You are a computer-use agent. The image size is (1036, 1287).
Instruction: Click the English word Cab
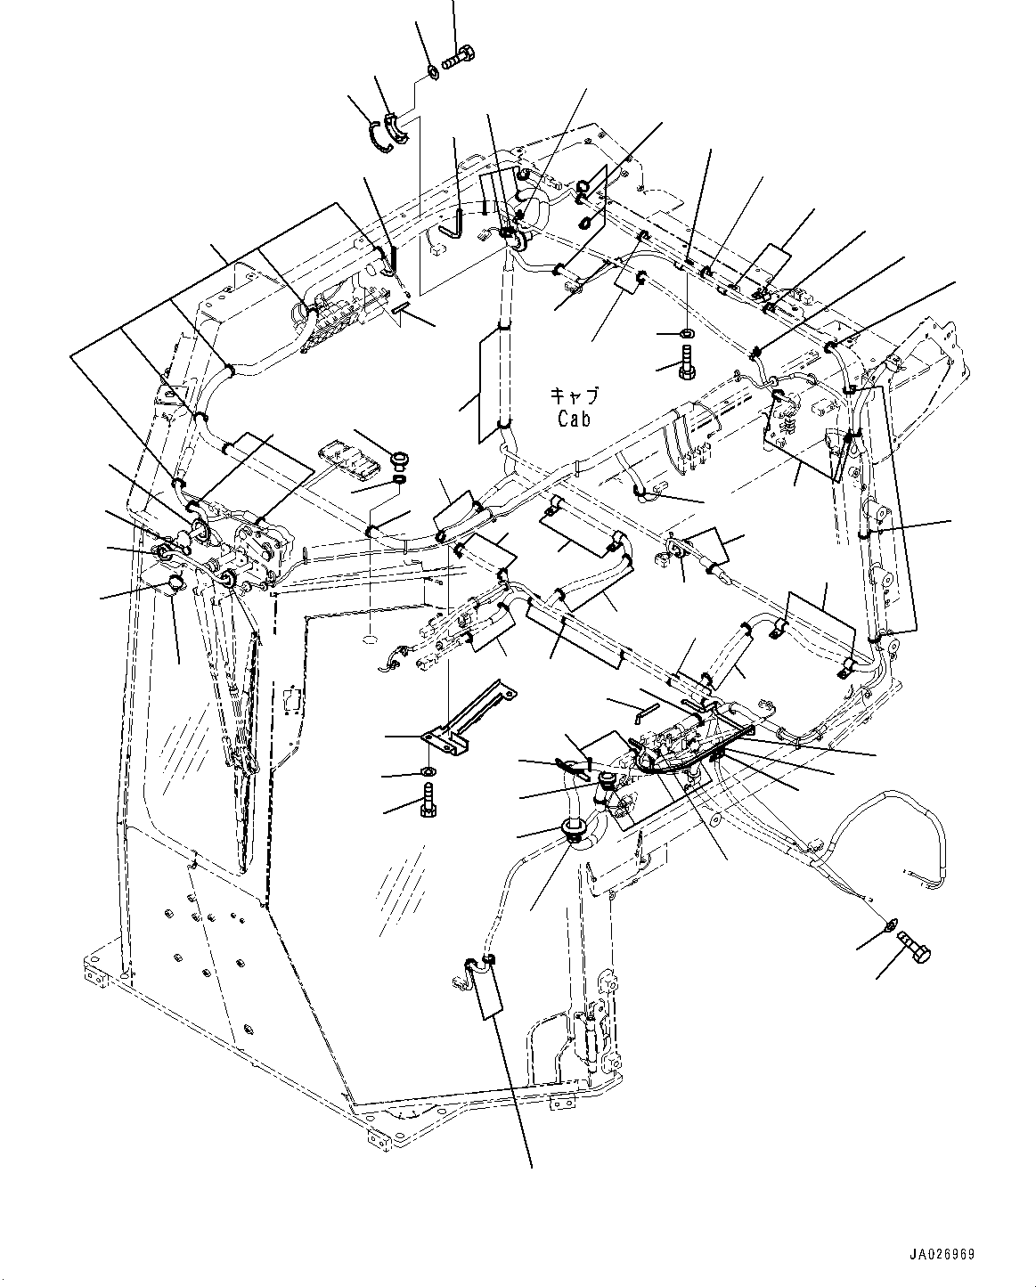(x=574, y=418)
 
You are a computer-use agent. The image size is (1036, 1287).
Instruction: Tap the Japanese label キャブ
(x=575, y=396)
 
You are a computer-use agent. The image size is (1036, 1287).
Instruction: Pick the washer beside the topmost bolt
(x=432, y=73)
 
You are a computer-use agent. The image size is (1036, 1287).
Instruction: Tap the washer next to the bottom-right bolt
(x=887, y=944)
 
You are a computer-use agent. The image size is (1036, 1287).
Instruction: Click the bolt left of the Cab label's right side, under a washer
(x=687, y=362)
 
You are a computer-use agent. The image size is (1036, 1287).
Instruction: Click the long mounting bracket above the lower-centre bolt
(x=469, y=717)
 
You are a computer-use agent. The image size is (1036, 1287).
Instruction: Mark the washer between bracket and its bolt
(x=428, y=771)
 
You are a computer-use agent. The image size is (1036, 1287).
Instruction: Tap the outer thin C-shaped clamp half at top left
(x=380, y=138)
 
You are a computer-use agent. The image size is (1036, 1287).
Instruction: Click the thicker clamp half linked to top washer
(x=396, y=127)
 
